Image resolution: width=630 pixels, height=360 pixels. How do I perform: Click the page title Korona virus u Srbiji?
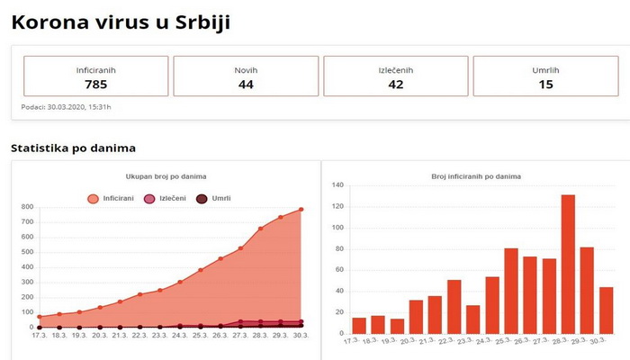120,22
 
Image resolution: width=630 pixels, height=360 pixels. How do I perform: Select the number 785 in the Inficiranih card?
95,85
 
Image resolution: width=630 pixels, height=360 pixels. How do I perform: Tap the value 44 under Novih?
246,85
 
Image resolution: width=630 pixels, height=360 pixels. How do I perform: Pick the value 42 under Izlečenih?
396,85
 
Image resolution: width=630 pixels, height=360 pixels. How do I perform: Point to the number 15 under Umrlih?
545,85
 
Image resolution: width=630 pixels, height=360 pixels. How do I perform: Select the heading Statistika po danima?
73,148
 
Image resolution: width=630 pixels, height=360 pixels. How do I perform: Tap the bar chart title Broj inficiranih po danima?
476,176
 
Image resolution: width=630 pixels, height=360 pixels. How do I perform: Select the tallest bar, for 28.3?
568,263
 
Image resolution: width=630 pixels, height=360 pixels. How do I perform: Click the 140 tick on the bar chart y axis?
339,185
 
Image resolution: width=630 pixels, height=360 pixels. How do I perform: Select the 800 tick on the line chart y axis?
27,207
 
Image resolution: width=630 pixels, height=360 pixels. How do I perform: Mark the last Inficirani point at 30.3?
301,210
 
